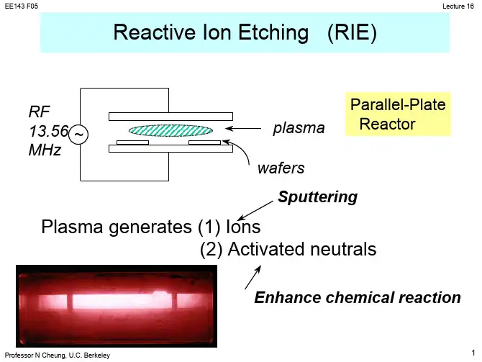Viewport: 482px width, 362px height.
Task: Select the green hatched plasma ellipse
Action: tap(170, 130)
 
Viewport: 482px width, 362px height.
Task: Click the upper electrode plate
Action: tap(170, 116)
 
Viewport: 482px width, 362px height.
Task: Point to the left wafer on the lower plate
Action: tap(132, 142)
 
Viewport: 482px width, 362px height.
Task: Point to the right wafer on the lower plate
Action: tap(204, 142)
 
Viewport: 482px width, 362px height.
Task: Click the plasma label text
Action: tap(299, 129)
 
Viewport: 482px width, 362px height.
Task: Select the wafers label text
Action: tap(281, 168)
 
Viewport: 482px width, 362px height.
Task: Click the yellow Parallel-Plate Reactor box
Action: tap(398, 114)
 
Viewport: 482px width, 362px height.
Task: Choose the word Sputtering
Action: tap(317, 196)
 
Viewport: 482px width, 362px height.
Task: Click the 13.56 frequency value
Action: tap(49, 131)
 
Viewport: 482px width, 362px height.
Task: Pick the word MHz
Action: tap(45, 150)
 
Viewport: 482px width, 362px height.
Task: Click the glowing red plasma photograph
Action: tap(116, 303)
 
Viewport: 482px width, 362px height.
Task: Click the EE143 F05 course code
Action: tap(22, 6)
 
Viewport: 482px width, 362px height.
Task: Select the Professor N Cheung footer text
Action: tap(58, 356)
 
